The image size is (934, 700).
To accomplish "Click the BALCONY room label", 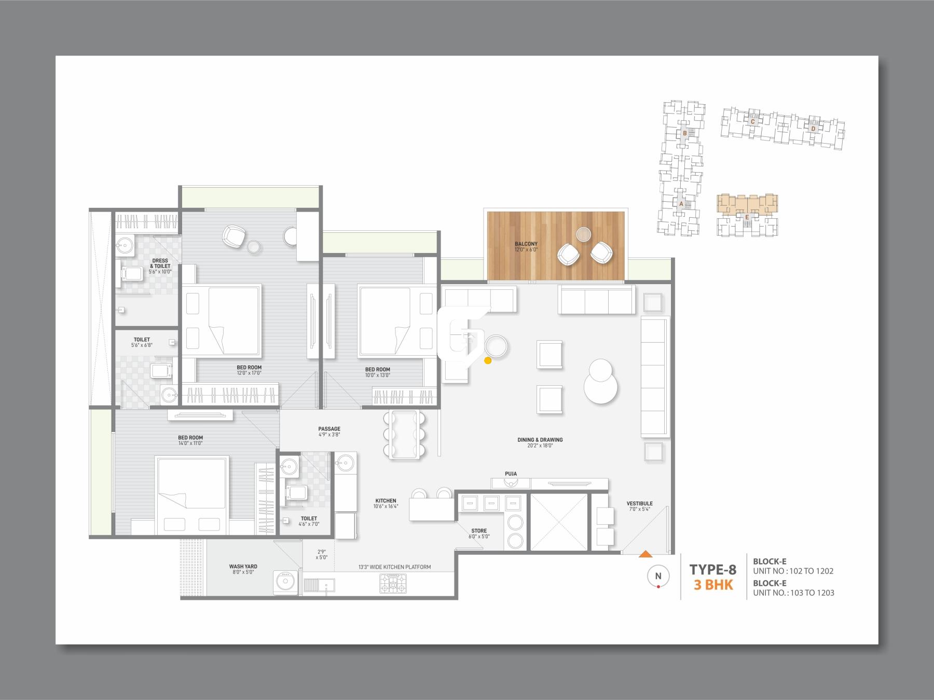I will [x=526, y=244].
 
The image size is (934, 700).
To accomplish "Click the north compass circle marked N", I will [x=658, y=576].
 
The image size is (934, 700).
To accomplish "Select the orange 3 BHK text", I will [x=713, y=585].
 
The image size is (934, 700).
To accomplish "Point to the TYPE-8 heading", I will [x=712, y=569].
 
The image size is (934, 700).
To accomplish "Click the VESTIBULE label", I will [x=639, y=503].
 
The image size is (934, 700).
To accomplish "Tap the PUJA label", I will [x=511, y=473].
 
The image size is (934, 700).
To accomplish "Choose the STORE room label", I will [x=479, y=530].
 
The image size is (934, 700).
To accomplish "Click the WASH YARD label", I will [x=243, y=567].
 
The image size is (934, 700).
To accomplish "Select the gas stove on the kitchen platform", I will [x=393, y=584].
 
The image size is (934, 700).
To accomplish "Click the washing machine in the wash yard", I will [x=285, y=581].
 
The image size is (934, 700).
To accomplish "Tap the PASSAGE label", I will [x=329, y=429].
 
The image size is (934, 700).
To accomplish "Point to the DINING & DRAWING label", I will [x=540, y=440].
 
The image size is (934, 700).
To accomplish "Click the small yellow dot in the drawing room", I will [x=487, y=360].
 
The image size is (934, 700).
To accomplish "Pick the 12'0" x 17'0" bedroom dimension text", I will [x=249, y=373].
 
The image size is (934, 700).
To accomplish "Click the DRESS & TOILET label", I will [x=160, y=263].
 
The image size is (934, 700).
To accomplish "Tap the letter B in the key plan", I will [x=685, y=133].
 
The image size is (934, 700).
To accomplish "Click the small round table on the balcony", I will [x=583, y=234].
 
